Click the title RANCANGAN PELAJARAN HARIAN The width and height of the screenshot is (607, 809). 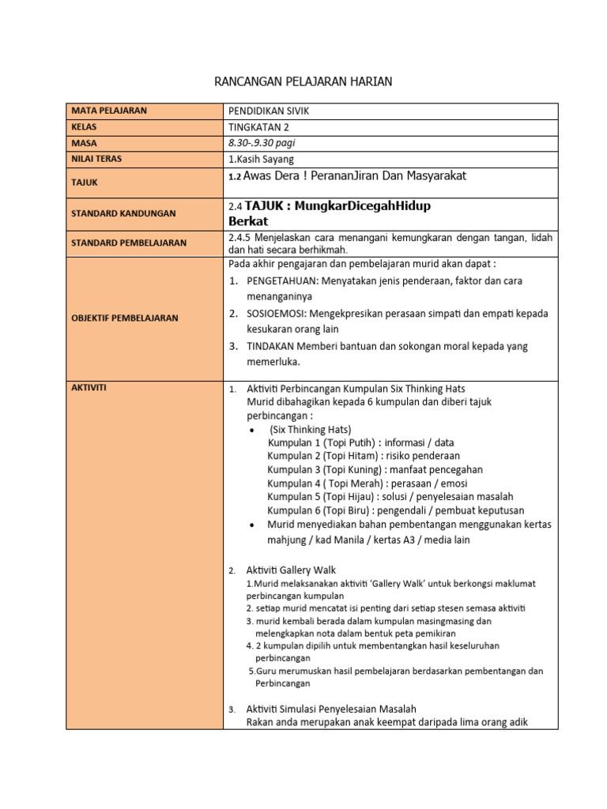point(303,81)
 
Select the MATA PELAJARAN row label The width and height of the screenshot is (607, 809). point(109,111)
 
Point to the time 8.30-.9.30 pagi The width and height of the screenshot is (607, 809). point(262,143)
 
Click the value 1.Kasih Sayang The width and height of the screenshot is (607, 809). point(260,159)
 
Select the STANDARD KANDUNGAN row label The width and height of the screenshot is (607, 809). point(123,213)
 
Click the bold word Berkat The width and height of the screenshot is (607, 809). point(248,220)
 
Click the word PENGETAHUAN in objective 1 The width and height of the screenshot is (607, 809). point(281,280)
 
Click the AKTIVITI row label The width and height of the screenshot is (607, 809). point(89,388)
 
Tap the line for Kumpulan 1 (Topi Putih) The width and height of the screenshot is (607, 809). point(360,442)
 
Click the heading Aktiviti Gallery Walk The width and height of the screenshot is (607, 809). point(291,570)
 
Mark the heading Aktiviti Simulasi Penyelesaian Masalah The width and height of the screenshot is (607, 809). point(331,709)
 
